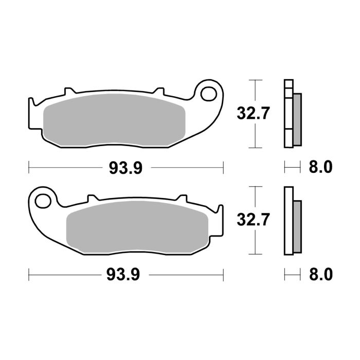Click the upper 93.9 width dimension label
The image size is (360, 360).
tap(125, 168)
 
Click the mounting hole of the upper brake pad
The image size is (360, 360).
tap(210, 93)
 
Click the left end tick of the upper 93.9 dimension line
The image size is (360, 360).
tap(28, 167)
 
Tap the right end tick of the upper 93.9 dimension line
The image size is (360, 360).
tap(224, 167)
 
